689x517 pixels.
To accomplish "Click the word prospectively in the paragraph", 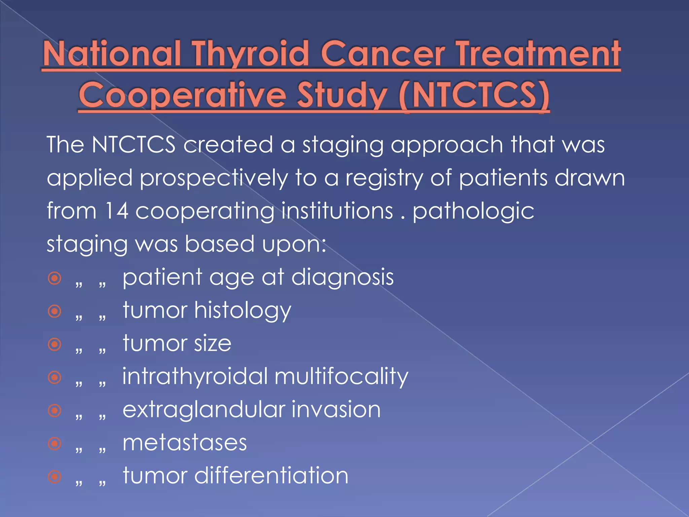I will [214, 178].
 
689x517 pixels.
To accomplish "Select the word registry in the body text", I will [384, 178].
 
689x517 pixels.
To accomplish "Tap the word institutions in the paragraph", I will [337, 211].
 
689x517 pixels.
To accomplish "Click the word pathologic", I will [473, 211].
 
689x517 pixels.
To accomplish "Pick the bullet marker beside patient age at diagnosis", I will [55, 278].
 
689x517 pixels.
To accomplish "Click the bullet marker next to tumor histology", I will [55, 311].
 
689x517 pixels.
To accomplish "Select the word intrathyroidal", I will [195, 377].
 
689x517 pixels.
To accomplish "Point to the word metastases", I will [185, 443].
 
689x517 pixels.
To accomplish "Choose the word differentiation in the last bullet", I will [271, 476].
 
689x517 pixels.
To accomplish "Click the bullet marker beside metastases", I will [55, 443].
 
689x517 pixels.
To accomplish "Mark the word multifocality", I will [341, 377].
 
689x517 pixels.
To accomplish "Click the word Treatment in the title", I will [538, 54].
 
